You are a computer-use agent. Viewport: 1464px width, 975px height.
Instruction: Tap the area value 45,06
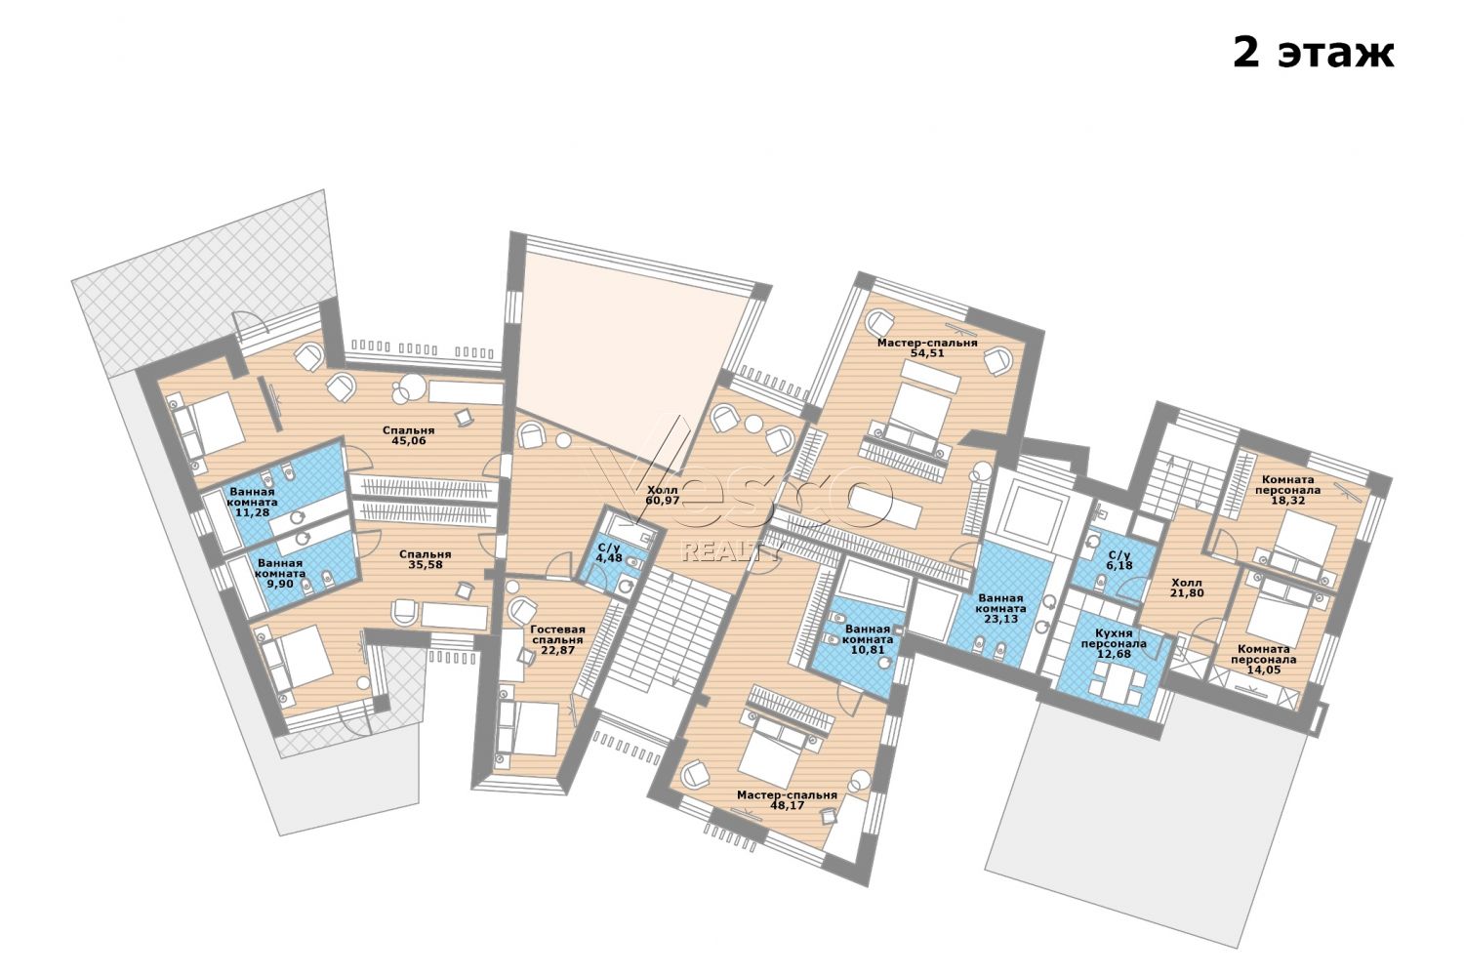409,441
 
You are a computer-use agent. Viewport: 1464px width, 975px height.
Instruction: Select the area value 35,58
426,565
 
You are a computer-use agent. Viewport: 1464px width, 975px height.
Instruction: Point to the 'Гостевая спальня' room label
557,634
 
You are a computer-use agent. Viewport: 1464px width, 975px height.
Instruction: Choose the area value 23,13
1000,619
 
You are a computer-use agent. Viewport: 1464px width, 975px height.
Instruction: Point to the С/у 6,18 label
1119,560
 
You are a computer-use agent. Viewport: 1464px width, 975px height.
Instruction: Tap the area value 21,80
1186,593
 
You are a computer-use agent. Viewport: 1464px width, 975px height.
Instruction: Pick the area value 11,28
251,512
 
